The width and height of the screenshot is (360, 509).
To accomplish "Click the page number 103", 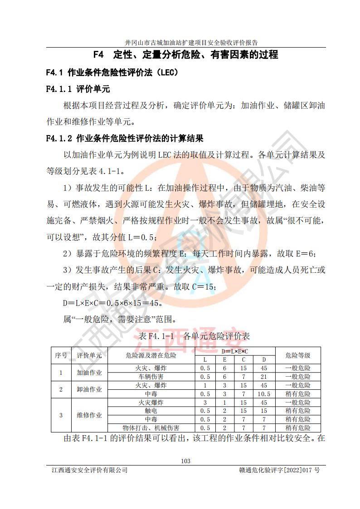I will point(185,461).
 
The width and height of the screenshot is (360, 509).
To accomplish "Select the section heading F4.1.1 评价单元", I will point(78,89).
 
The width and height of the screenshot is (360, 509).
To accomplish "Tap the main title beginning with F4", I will point(185,55).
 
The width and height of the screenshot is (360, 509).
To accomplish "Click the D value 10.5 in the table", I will point(264,394).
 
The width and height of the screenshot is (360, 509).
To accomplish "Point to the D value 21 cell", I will point(264,377).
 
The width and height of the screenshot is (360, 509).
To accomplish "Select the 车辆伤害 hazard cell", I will point(151,377).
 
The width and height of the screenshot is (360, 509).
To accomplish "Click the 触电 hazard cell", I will point(151,411).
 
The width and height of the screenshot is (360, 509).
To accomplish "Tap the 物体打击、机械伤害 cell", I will point(151,428).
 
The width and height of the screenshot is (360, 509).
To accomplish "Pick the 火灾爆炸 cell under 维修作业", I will point(151,402).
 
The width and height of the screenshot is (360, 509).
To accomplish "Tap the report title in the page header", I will point(185,43).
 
